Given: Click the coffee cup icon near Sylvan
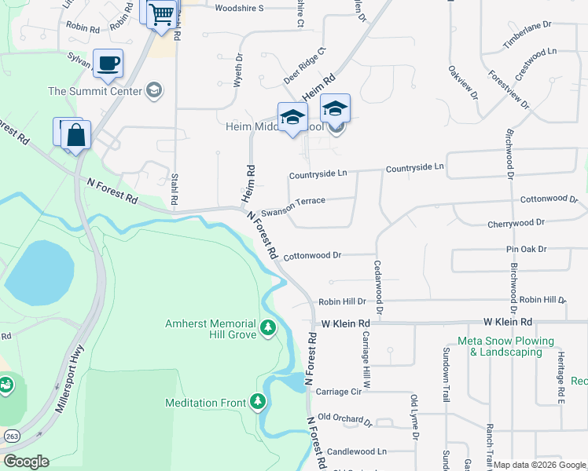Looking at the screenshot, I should [108, 63].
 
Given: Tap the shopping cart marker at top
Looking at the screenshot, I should [160, 13].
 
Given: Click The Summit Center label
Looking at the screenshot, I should [96, 91].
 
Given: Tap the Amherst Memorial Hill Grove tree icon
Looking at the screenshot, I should [268, 327].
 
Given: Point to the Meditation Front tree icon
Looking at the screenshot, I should [258, 403].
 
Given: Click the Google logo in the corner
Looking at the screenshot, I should [25, 462].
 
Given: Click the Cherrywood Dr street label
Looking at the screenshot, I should [516, 223].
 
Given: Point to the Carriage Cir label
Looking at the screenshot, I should [338, 391].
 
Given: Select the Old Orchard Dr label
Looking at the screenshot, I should [344, 418].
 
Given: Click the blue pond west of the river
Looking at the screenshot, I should [39, 272].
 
